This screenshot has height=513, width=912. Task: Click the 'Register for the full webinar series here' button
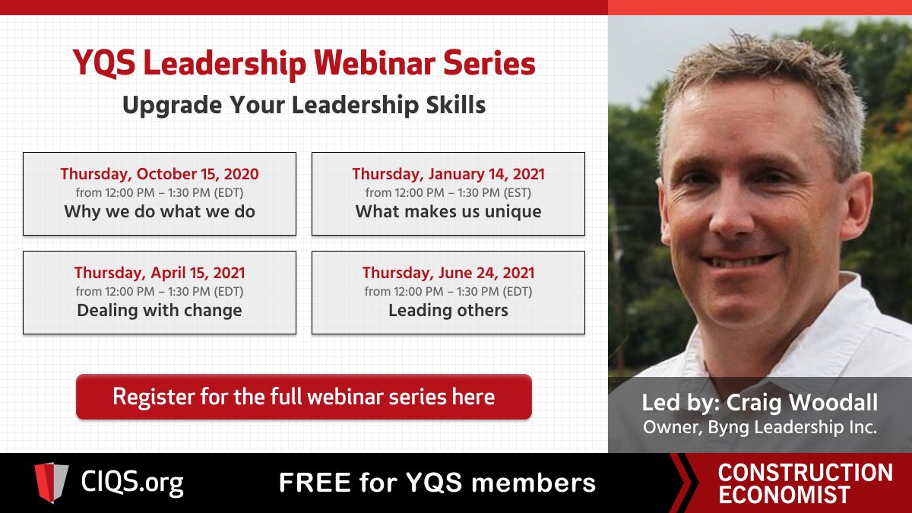(x=303, y=397)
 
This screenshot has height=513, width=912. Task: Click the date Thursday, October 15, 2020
(x=160, y=174)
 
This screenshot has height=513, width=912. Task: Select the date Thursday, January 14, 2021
(x=448, y=174)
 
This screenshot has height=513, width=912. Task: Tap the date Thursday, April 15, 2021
(x=160, y=273)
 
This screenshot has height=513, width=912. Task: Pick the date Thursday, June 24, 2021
(x=448, y=273)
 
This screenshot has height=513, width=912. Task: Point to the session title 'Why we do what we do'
(x=160, y=211)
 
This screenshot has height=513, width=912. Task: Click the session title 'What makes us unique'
(x=448, y=211)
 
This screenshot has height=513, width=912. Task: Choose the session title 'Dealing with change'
(x=160, y=310)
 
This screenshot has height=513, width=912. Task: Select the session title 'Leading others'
(x=448, y=310)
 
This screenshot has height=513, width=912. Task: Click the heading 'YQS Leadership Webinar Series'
(x=304, y=64)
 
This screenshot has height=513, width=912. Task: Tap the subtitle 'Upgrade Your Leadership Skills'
(x=304, y=105)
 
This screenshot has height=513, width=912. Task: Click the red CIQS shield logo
(x=51, y=483)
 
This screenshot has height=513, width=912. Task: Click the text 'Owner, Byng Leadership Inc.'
(x=760, y=427)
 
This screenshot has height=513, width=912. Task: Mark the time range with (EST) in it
(x=448, y=193)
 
